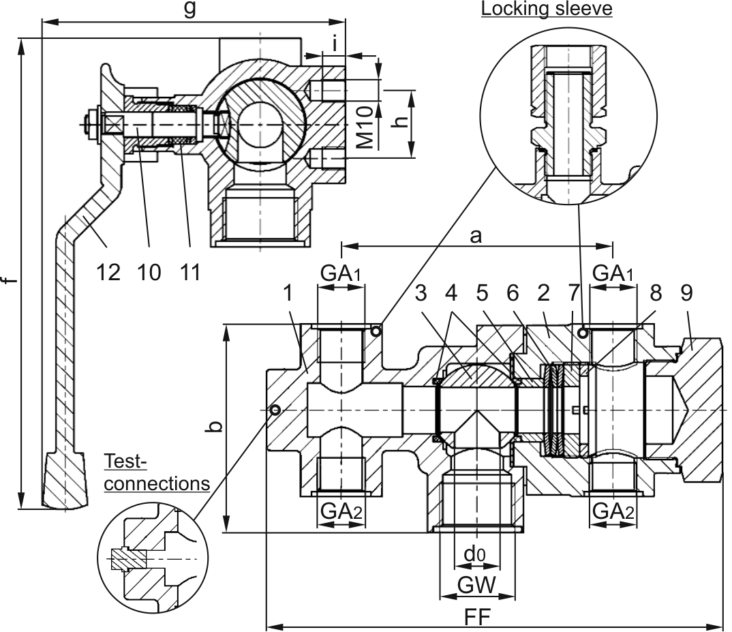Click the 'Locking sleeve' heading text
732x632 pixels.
pyautogui.click(x=547, y=9)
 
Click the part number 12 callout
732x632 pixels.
pyautogui.click(x=108, y=272)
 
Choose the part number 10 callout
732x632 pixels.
pyautogui.click(x=149, y=272)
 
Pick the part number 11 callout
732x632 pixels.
pyautogui.click(x=190, y=272)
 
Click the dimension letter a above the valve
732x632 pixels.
pyautogui.click(x=475, y=236)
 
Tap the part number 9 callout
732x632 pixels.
pyautogui.click(x=687, y=293)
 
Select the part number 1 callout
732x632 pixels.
pyautogui.click(x=288, y=293)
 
